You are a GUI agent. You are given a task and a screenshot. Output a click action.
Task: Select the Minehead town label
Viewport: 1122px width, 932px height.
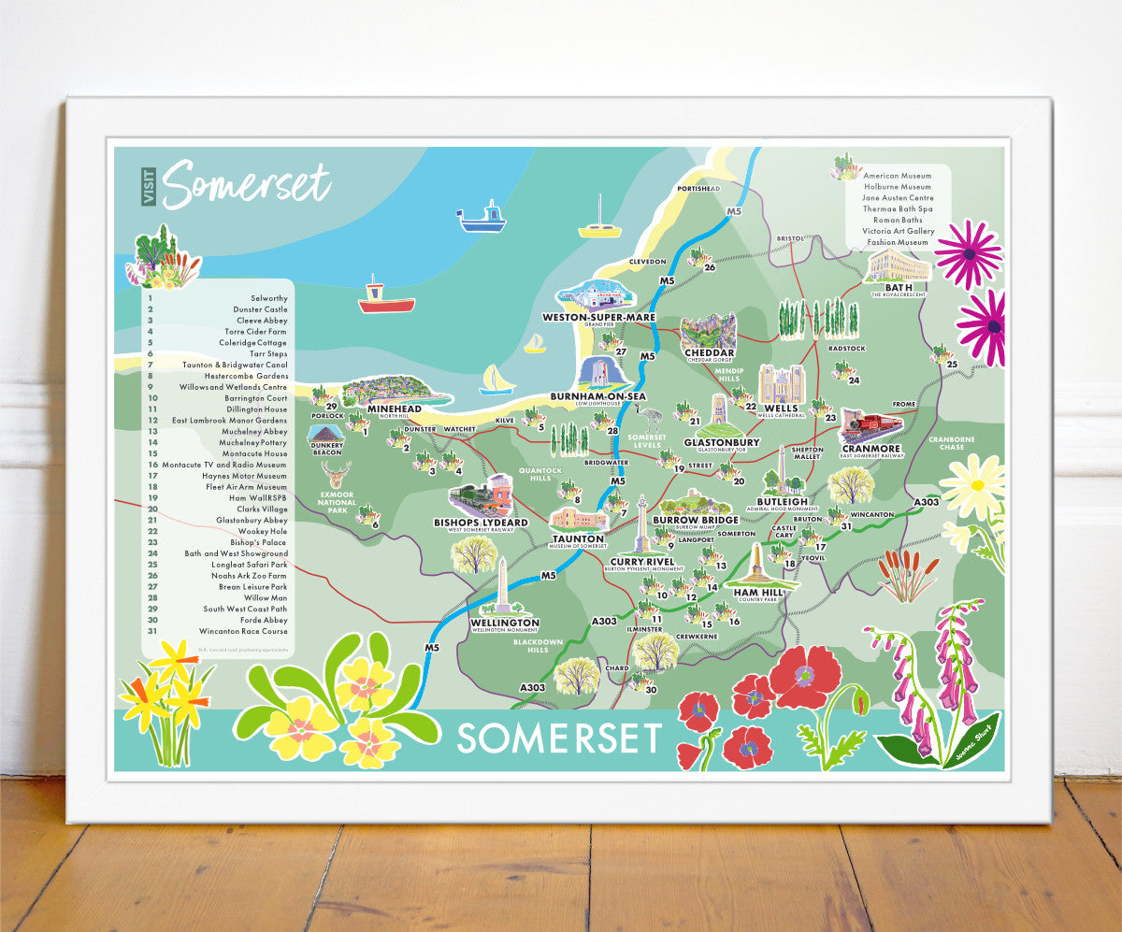(394, 409)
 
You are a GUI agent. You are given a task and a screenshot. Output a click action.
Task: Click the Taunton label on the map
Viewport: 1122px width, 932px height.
(578, 538)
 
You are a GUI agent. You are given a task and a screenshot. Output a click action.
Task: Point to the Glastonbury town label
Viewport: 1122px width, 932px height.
(721, 442)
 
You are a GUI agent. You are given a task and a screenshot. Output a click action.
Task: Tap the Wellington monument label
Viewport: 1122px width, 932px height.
(505, 622)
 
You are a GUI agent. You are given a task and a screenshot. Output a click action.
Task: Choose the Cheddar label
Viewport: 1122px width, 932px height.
(709, 352)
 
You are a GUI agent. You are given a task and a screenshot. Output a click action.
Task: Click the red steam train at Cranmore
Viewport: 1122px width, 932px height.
(870, 427)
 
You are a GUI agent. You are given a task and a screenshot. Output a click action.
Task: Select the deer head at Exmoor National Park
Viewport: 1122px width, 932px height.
(335, 474)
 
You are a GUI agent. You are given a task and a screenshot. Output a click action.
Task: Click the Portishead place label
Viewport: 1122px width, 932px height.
(699, 188)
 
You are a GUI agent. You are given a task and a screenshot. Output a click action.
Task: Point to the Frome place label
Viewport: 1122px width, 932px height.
(903, 404)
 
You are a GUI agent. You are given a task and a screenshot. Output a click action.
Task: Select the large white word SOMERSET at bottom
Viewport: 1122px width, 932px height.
(559, 738)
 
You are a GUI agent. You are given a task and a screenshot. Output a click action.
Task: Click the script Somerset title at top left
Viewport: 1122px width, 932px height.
(246, 184)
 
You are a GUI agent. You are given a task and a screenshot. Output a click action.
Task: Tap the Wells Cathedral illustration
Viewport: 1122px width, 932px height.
(782, 384)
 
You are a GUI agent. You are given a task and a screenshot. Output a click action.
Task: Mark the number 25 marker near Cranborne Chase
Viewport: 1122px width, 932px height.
(952, 364)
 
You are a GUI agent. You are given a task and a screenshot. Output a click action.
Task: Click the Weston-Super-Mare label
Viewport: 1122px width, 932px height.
(598, 317)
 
